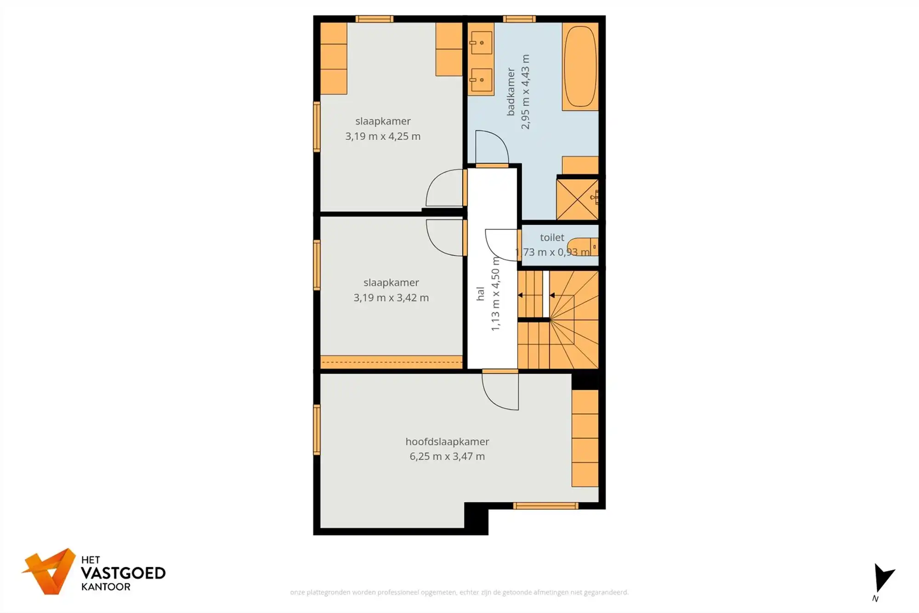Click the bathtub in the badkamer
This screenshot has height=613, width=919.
pos(580,67)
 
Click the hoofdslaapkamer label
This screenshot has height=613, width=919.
pos(447,441)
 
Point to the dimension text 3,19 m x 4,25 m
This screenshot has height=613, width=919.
pos(383,136)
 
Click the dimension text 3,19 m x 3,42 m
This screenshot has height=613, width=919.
pos(391,298)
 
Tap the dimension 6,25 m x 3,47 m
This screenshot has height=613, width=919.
pos(447,456)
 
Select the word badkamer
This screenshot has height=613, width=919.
pos(511,92)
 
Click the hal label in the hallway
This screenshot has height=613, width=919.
pos(480,294)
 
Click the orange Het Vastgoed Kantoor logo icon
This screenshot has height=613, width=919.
pos(50,571)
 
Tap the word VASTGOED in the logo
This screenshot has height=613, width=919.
pos(123,573)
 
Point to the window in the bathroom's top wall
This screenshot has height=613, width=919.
pos(519,19)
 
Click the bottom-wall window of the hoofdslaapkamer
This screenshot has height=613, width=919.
pos(545,506)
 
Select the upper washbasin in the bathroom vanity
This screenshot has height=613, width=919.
pos(481,43)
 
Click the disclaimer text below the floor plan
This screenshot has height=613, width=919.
pos(459,592)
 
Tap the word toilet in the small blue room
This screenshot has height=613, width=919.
pos(551,237)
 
